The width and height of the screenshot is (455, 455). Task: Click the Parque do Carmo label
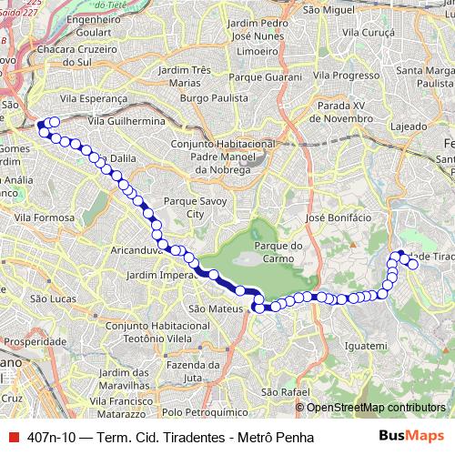278,252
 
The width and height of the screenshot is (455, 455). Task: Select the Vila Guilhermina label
126,120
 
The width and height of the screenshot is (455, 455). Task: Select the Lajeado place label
409,126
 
